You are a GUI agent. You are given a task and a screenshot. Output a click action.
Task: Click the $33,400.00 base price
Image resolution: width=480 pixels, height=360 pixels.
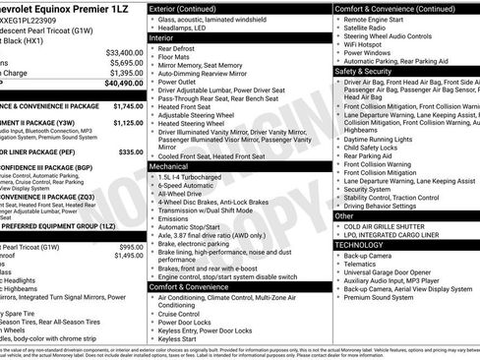click(123, 51)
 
